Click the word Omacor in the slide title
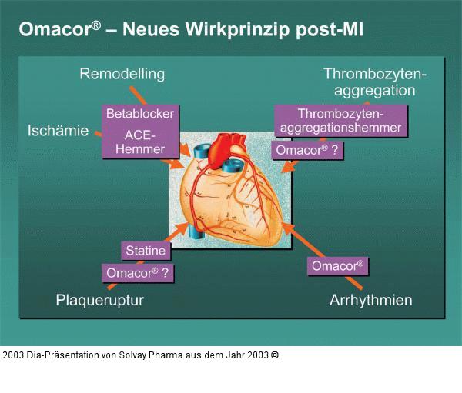(x=50, y=30)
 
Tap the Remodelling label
(x=122, y=75)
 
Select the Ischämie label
(x=58, y=130)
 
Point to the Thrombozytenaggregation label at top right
(x=375, y=82)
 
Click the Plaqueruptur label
(x=100, y=299)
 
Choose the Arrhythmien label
(x=370, y=299)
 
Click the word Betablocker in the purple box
(x=140, y=114)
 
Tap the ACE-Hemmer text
(x=140, y=142)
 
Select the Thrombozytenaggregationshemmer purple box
(x=340, y=121)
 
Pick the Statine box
(x=146, y=251)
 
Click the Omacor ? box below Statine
(x=137, y=272)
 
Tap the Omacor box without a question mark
(x=337, y=266)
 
